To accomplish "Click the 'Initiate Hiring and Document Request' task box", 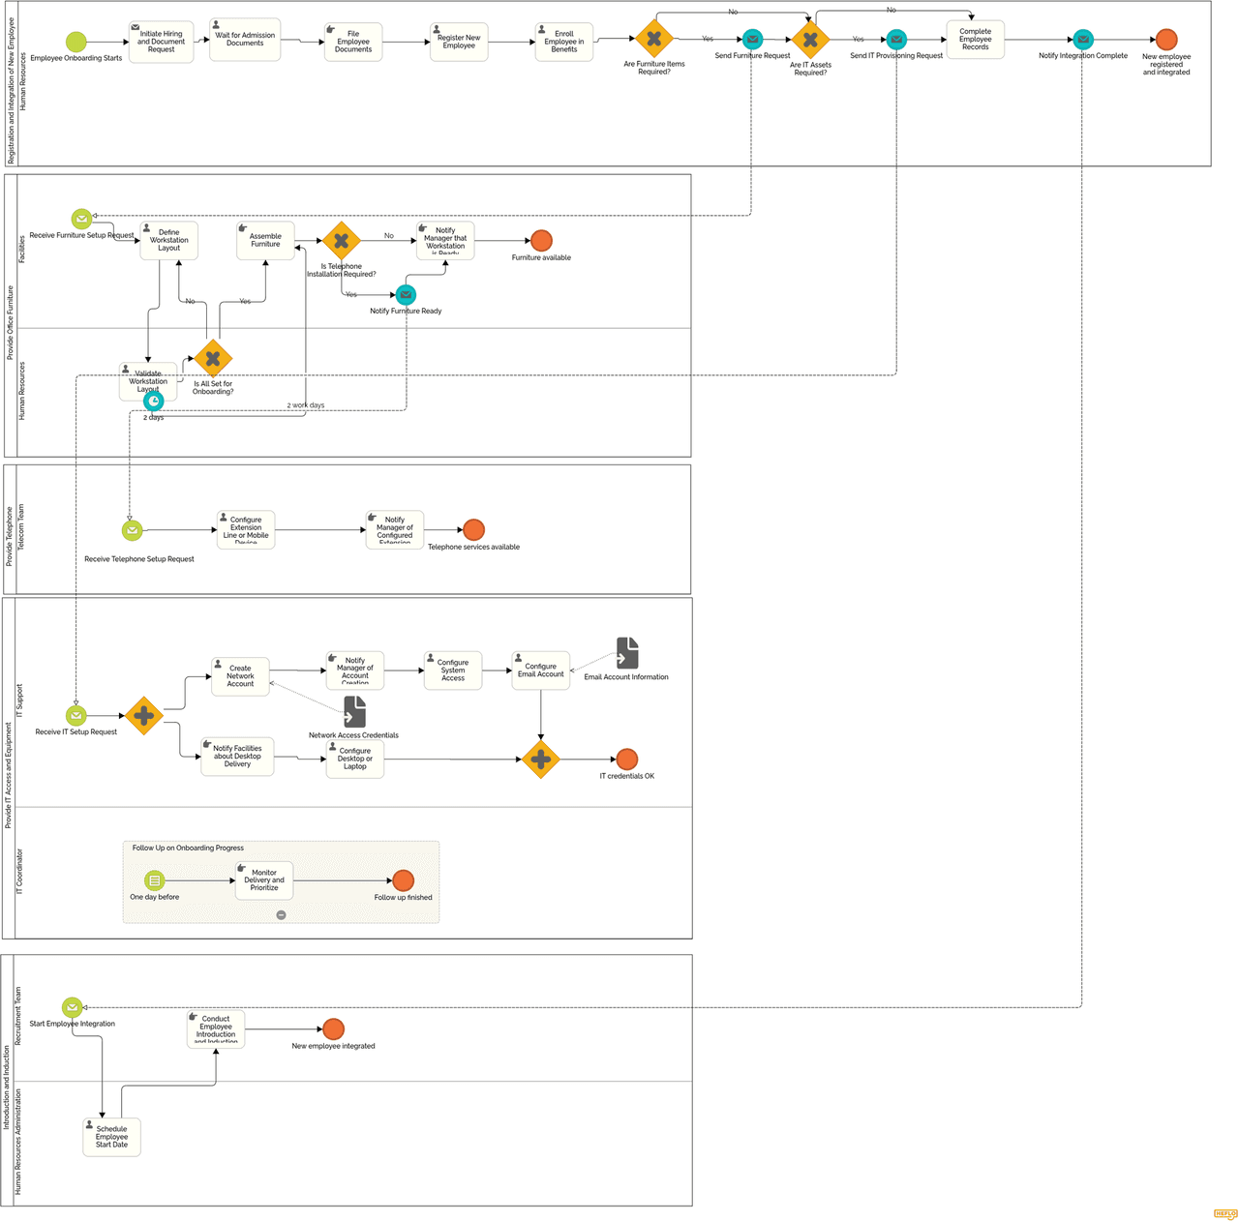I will point(161,42).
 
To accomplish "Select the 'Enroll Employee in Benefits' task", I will point(563,42).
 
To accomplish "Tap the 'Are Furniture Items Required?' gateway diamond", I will point(654,39).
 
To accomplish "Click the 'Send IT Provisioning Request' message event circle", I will point(896,40).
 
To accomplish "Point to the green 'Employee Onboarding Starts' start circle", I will point(76,42).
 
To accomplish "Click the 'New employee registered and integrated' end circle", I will point(1166,40).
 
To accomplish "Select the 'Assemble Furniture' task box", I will point(265,241).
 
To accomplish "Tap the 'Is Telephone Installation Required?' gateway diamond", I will point(342,241).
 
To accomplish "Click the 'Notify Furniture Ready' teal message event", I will point(407,294).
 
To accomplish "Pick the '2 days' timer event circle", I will point(154,401).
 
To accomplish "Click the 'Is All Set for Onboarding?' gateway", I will point(213,359).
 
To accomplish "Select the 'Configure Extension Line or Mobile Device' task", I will point(246,530).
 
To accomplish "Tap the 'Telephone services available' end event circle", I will point(473,529).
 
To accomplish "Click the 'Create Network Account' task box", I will point(240,676).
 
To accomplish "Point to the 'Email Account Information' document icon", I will point(627,653).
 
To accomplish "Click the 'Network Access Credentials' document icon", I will point(354,712).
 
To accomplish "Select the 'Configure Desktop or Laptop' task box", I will point(355,759).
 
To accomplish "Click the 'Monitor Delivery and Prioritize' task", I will point(264,880).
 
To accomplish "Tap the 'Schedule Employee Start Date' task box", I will point(111,1137).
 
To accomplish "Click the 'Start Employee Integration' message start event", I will point(73,1007).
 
